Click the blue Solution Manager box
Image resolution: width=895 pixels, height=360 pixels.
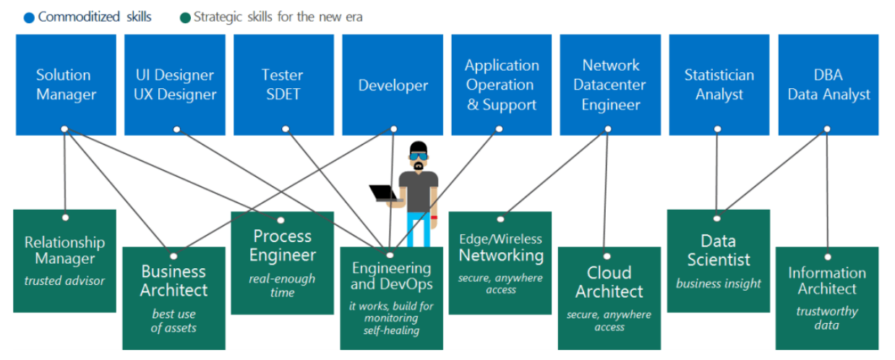[x=66, y=85]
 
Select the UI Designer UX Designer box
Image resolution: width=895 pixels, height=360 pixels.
[x=175, y=85]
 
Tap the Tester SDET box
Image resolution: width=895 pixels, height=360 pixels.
[x=283, y=85]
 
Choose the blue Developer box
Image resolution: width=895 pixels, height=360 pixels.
[x=393, y=85]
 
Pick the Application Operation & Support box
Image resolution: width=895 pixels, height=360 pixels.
[x=502, y=85]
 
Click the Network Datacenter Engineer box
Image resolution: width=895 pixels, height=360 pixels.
[x=610, y=85]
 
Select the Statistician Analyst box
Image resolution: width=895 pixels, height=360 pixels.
[x=719, y=85]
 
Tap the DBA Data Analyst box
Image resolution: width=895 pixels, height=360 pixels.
[x=828, y=85]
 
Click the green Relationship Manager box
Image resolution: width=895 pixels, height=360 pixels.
[x=65, y=261]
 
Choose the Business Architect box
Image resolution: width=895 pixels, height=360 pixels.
[x=174, y=298]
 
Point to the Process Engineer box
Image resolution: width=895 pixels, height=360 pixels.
[x=283, y=263]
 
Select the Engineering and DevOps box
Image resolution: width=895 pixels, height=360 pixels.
[x=392, y=298]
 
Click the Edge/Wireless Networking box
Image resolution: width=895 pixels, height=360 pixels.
[x=500, y=263]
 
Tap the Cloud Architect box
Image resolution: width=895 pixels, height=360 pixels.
[x=609, y=298]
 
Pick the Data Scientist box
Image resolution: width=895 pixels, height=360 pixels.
[x=719, y=261]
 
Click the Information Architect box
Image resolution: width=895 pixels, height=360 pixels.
[x=827, y=298]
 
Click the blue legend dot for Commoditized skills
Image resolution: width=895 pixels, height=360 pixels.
[x=29, y=18]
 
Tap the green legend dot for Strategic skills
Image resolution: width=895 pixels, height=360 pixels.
[x=185, y=18]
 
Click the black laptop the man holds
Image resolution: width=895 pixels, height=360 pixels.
[x=385, y=193]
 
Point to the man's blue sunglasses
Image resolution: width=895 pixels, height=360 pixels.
[x=419, y=156]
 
